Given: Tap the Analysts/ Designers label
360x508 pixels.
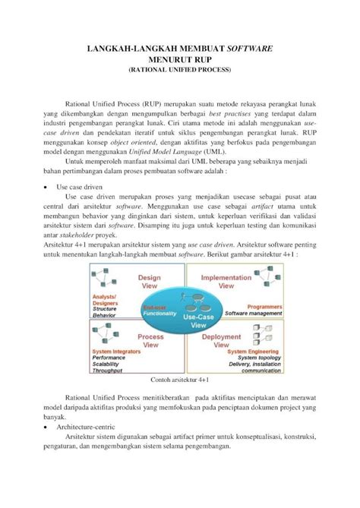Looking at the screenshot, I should (105, 299).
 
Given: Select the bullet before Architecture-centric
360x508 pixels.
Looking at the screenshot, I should (47, 427).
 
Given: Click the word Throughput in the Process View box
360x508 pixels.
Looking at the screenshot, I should (106, 370).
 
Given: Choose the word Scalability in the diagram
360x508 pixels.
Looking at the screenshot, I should (106, 364).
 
